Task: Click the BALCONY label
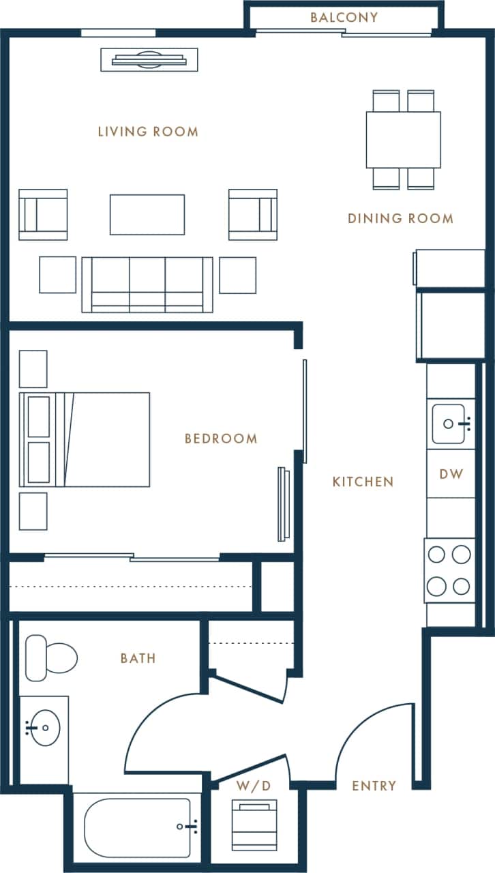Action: point(344,18)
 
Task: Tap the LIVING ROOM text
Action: point(148,132)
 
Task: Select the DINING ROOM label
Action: point(400,218)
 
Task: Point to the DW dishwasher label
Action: point(451,473)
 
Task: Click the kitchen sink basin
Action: point(449,424)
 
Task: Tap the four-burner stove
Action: point(449,570)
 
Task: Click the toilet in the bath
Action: point(50,658)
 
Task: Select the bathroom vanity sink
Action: point(43,728)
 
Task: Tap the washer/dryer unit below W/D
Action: point(254,826)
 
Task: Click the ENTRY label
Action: point(374,786)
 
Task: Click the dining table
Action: point(403,140)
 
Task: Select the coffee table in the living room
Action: point(147,215)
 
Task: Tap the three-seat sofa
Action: point(147,284)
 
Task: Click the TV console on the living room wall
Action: point(149,60)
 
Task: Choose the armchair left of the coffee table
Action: point(44,215)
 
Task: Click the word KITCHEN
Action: point(363,482)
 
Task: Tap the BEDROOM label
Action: point(221,439)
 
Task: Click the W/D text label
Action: point(254,786)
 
